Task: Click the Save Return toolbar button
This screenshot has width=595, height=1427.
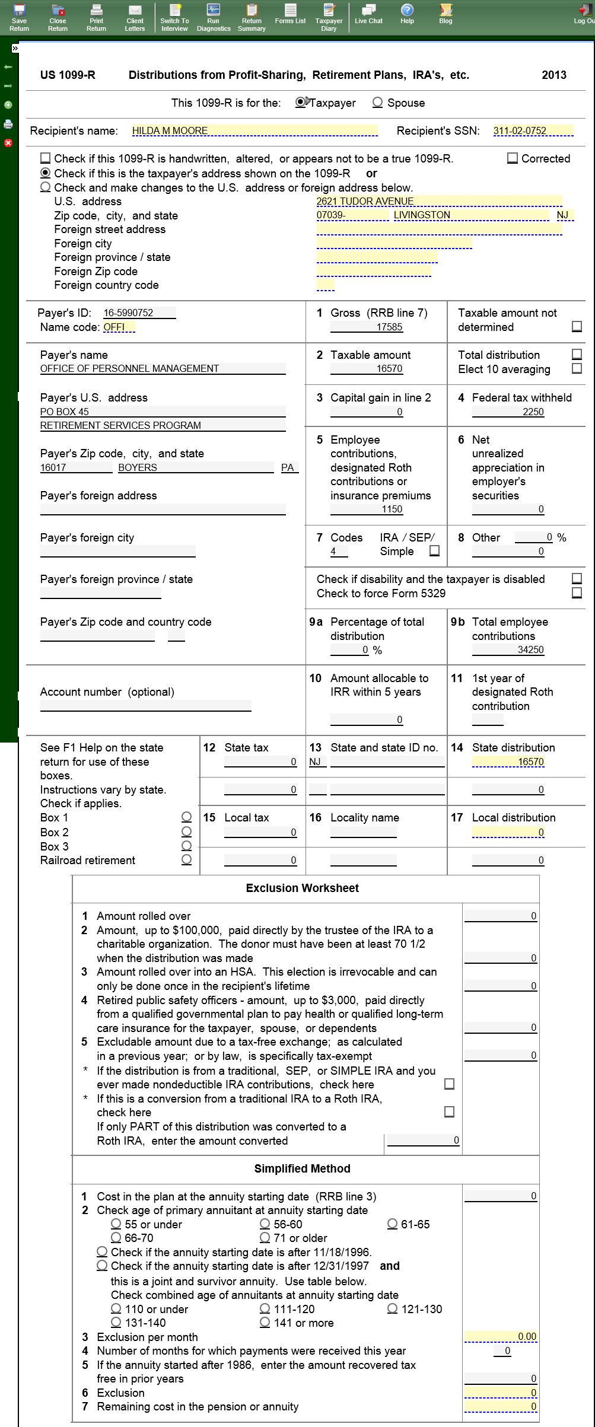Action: point(19,17)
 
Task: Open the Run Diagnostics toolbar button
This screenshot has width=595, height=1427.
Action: point(214,17)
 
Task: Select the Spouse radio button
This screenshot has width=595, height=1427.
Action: point(377,103)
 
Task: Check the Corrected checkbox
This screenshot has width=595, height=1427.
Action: point(513,158)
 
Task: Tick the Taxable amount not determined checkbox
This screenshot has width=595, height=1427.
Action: point(577,327)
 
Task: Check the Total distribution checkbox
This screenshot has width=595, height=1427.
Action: point(577,354)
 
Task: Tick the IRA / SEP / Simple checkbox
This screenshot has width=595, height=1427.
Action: point(434,551)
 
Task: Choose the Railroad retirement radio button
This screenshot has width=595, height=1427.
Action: point(186,859)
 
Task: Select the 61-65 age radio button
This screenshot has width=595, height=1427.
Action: point(393,1224)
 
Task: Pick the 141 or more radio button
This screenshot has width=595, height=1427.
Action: point(265,1323)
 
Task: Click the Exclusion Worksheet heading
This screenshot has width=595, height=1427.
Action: point(302,888)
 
